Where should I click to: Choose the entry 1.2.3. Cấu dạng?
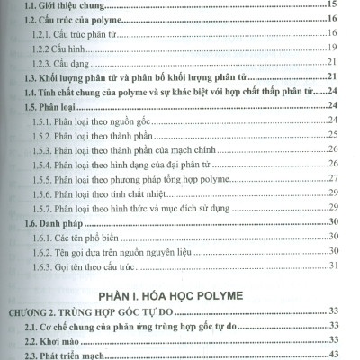coord(59,62)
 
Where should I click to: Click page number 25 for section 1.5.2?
coord(332,134)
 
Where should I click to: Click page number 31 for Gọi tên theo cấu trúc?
coord(332,265)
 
